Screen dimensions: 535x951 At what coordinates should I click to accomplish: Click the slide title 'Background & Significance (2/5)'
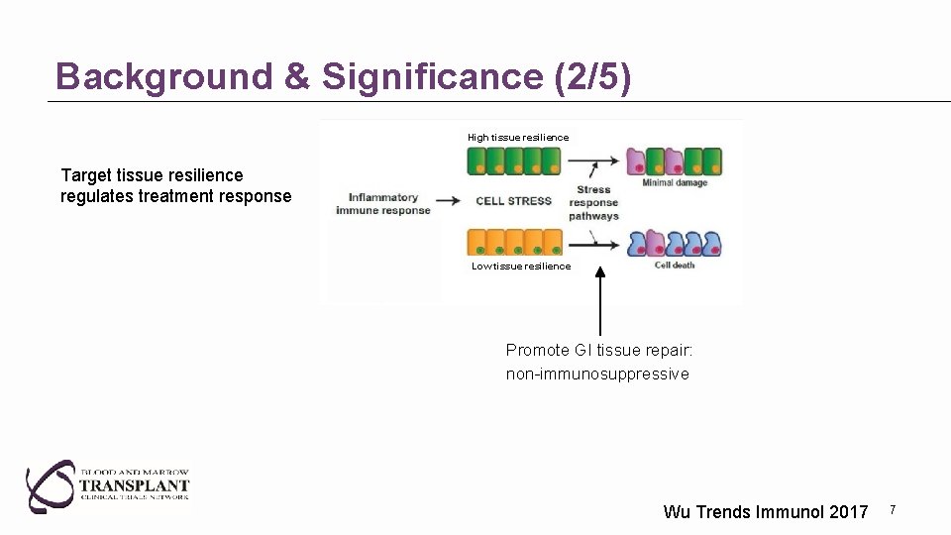coord(343,76)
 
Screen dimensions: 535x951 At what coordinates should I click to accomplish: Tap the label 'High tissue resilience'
coord(518,137)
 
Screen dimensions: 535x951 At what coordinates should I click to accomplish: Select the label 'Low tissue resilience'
coord(521,266)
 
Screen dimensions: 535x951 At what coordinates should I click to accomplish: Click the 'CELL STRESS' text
coord(513,201)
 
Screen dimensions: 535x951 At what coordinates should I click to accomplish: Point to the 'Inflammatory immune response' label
coord(383,204)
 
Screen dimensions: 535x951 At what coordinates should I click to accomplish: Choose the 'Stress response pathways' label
coord(593,203)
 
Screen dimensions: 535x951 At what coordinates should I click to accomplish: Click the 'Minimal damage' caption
coord(674,182)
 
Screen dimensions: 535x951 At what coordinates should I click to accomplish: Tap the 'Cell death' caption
coord(675,266)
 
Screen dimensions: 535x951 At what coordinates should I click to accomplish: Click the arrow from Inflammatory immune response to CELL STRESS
coord(449,201)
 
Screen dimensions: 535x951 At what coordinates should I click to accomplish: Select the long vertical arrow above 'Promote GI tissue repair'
coord(599,301)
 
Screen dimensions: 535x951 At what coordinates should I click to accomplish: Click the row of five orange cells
coord(514,243)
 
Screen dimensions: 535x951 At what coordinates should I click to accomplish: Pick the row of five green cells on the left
coord(514,160)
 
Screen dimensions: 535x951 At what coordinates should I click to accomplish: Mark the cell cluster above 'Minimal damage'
coord(674,161)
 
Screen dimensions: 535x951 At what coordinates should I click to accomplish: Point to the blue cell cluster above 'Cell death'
coord(674,244)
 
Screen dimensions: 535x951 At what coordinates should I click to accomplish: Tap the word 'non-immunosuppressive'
coord(597,374)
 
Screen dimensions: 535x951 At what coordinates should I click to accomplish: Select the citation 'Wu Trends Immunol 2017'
coord(765,512)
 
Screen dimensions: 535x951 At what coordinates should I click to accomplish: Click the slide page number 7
coord(893,509)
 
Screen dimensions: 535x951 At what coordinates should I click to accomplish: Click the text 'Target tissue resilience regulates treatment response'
coord(175,186)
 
